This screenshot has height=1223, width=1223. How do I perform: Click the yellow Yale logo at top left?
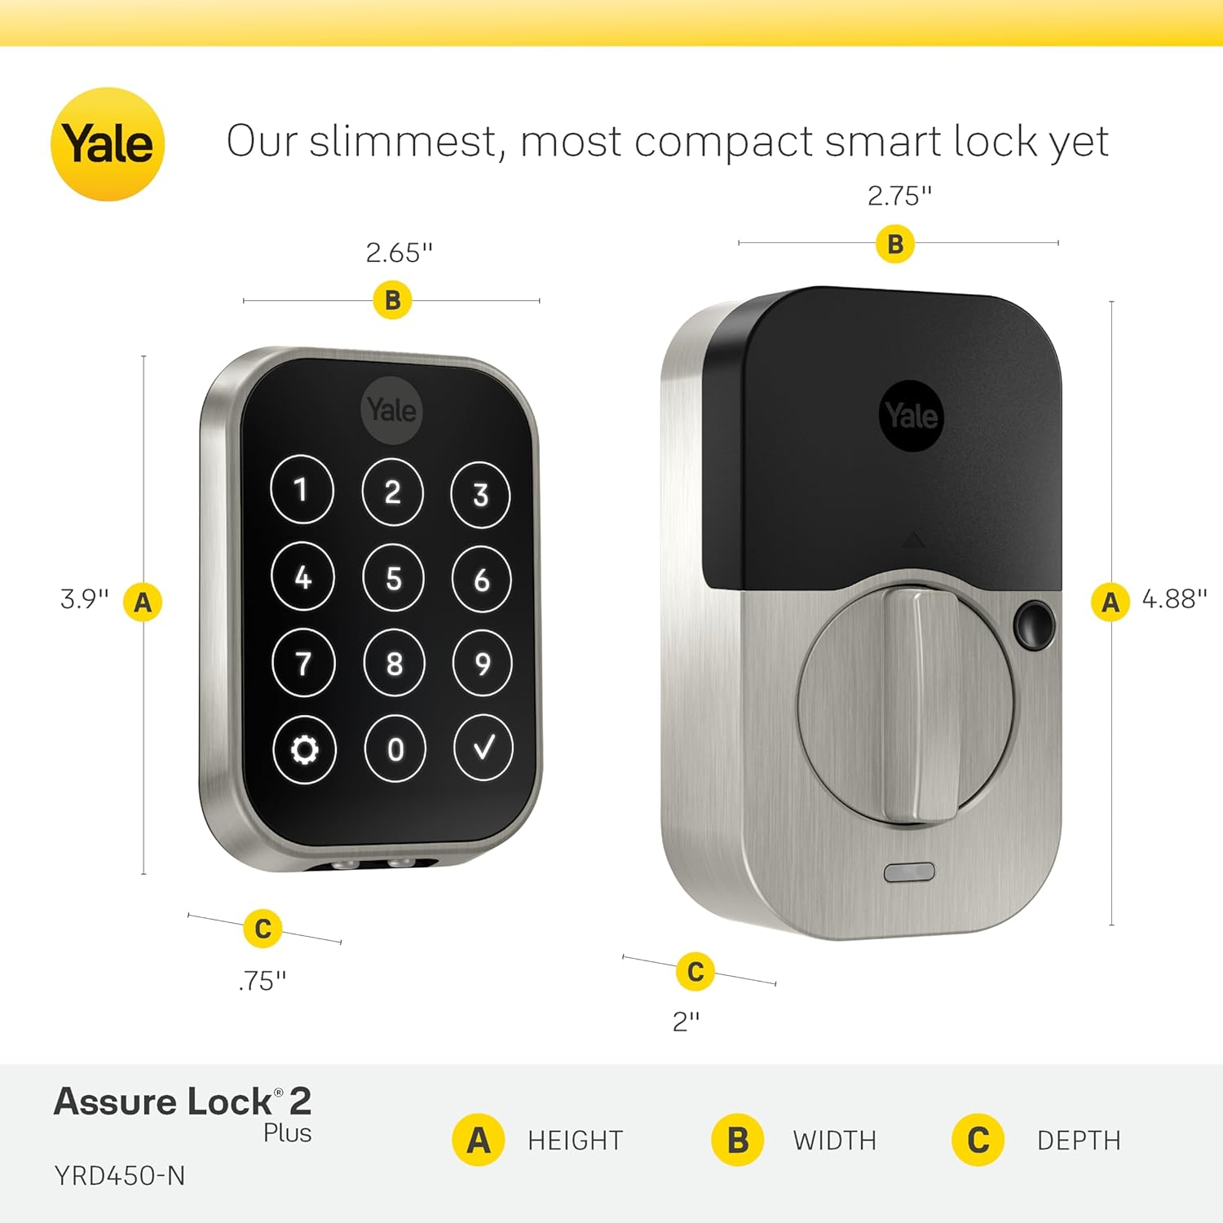pyautogui.click(x=108, y=144)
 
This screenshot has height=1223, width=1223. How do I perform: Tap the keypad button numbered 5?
pyautogui.click(x=394, y=578)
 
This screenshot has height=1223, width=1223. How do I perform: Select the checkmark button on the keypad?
pyautogui.click(x=483, y=748)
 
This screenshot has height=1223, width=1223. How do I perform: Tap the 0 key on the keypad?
pyautogui.click(x=395, y=748)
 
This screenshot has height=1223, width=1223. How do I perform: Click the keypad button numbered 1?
pyautogui.click(x=302, y=489)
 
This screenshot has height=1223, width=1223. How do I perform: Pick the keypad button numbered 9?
pyautogui.click(x=482, y=663)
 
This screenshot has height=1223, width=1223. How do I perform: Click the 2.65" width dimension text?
pyautogui.click(x=399, y=253)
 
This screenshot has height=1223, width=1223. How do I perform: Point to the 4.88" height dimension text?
pyautogui.click(x=1174, y=599)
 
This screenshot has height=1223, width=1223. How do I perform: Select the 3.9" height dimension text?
pyautogui.click(x=84, y=599)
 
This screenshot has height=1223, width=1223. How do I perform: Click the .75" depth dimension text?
pyautogui.click(x=263, y=981)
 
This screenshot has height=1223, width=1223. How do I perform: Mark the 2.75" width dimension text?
pyautogui.click(x=899, y=196)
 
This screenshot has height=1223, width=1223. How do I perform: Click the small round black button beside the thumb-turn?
pyautogui.click(x=1033, y=625)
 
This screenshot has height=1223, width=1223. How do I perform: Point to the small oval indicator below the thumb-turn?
pyautogui.click(x=909, y=872)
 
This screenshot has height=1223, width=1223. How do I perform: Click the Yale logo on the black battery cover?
pyautogui.click(x=912, y=416)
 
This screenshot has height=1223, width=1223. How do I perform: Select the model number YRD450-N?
pyautogui.click(x=120, y=1176)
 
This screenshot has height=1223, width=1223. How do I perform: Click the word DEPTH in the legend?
pyautogui.click(x=1078, y=1140)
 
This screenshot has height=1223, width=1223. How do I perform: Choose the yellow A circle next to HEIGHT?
pyautogui.click(x=478, y=1140)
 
